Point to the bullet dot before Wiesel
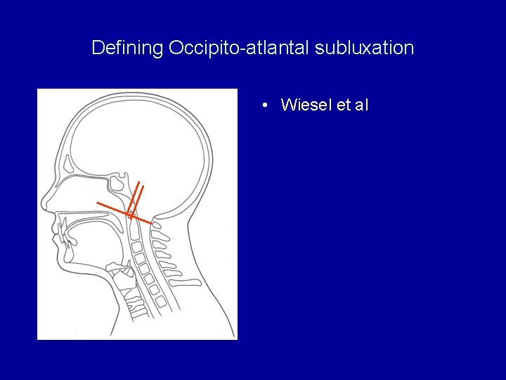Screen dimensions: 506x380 (x=262, y=106)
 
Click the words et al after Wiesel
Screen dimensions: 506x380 (x=353, y=106)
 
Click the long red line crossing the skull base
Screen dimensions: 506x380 (x=112, y=208)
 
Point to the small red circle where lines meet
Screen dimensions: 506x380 (x=130, y=213)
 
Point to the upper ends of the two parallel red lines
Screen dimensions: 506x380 (x=141, y=184)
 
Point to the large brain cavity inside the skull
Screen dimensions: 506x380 (x=141, y=141)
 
